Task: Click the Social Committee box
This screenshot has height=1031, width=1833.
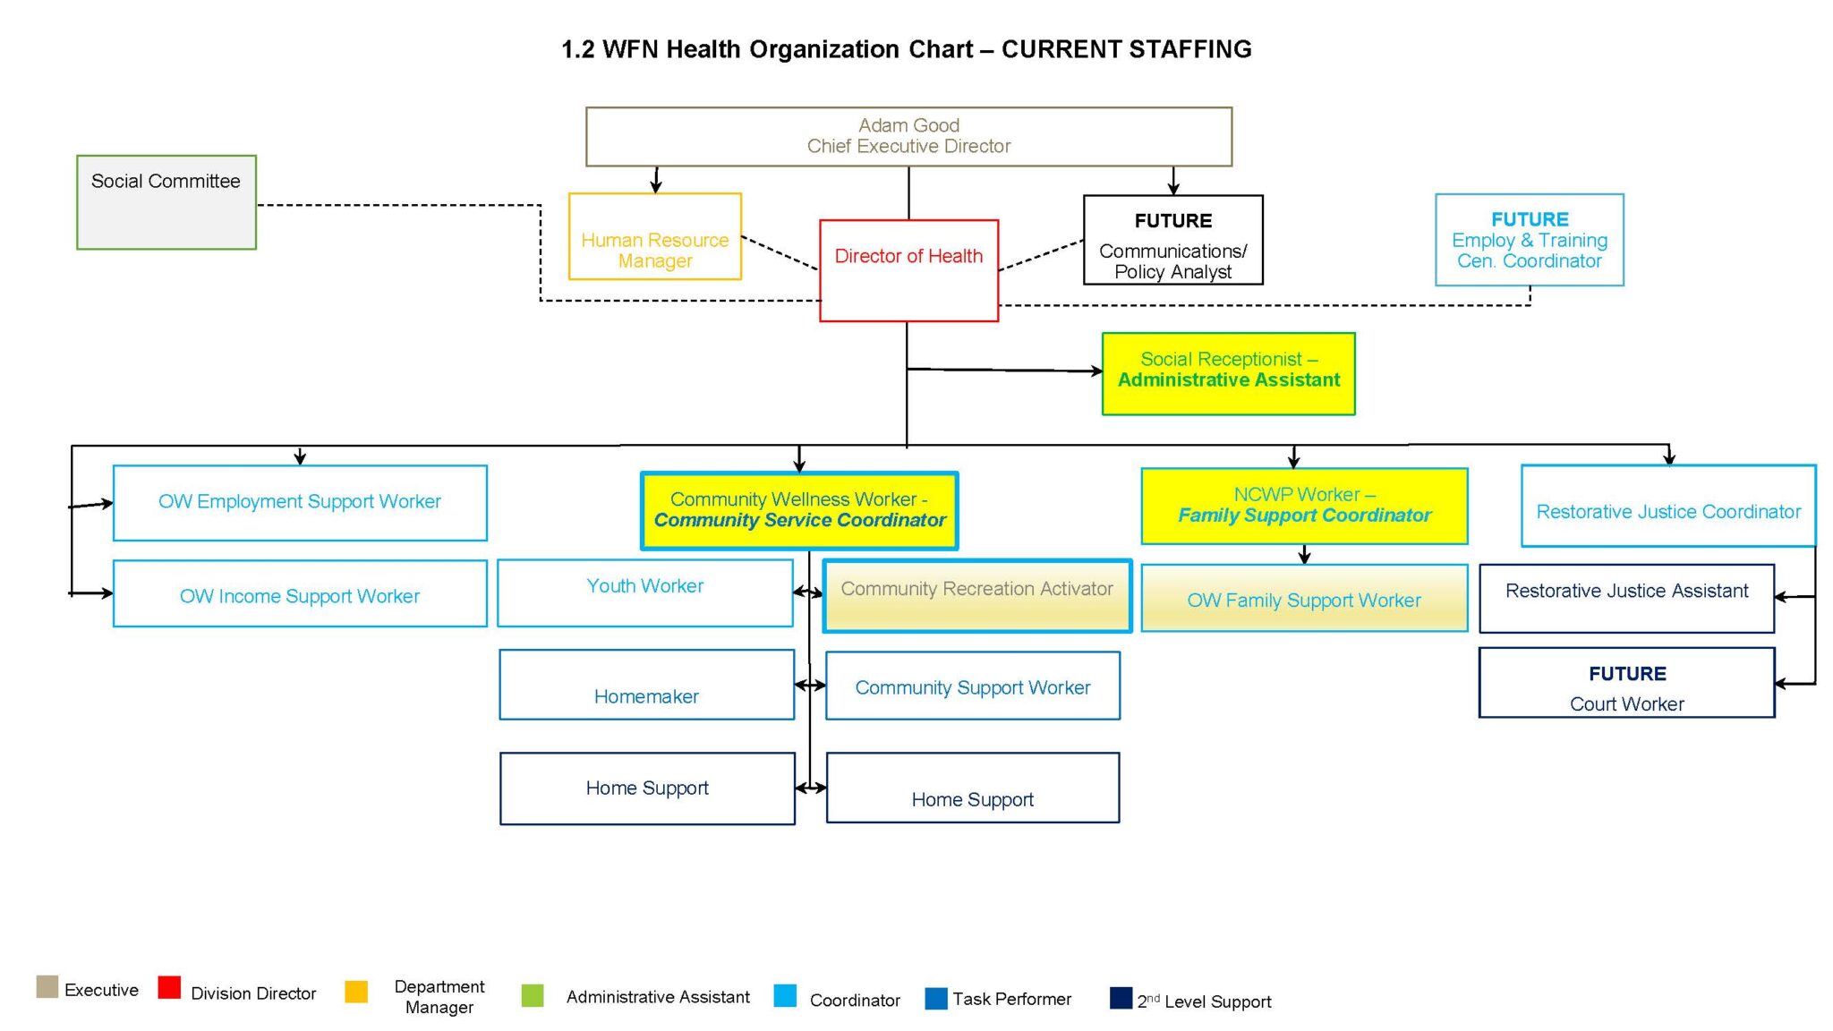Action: (166, 202)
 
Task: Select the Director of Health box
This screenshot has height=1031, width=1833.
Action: (908, 269)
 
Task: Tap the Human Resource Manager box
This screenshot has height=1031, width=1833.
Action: (654, 237)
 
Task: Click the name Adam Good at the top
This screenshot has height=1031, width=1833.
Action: (908, 125)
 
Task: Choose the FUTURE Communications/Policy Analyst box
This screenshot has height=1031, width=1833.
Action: (1172, 240)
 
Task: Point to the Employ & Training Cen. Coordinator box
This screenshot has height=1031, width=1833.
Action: (1529, 240)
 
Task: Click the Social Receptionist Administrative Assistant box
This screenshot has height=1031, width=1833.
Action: (1228, 373)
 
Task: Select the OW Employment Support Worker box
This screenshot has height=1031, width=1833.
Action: (300, 502)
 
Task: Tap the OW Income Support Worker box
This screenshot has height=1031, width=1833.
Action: (300, 593)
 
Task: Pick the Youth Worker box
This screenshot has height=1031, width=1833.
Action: (644, 592)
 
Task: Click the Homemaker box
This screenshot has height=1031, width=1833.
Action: (646, 685)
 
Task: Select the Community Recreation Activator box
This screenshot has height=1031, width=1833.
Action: (976, 596)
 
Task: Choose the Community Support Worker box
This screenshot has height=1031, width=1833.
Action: (972, 686)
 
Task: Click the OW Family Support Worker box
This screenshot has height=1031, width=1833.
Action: (1304, 598)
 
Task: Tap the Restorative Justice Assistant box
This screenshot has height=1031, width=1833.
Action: (1626, 598)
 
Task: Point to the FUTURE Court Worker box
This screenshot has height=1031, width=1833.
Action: (1626, 683)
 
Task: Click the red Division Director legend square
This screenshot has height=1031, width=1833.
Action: (169, 987)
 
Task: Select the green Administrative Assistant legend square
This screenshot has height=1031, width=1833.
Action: (533, 995)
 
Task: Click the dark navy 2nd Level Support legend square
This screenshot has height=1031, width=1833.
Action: (1121, 998)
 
